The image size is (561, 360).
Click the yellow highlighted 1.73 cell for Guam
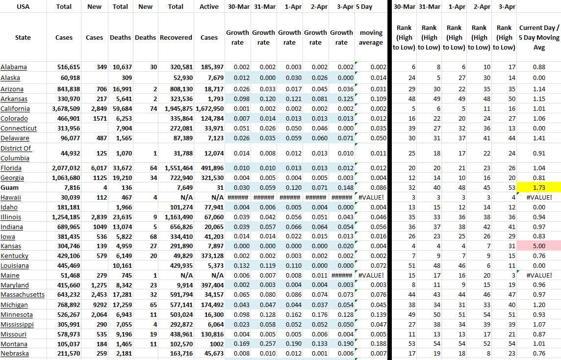click(x=538, y=187)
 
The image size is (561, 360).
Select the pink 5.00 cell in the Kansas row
click(x=538, y=246)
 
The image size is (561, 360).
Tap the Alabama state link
click(x=14, y=67)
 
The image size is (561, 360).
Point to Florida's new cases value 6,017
click(x=95, y=168)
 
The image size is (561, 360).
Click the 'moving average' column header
click(x=371, y=38)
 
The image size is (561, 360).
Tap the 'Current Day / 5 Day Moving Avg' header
click(x=539, y=38)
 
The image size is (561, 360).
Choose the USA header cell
click(x=23, y=7)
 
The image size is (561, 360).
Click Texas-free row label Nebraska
click(x=15, y=354)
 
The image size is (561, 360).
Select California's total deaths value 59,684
click(x=121, y=109)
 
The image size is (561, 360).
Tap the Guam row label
click(x=10, y=187)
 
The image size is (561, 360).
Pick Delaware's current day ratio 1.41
click(x=538, y=138)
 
